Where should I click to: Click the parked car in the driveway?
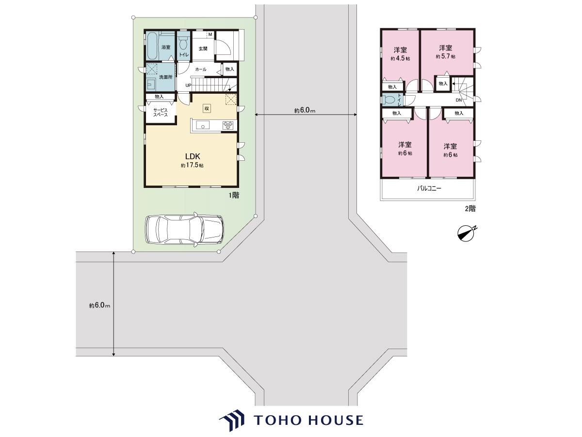(x=184, y=229)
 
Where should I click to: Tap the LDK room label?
(x=193, y=156)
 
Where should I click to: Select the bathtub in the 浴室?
(x=152, y=46)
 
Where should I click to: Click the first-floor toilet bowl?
(x=183, y=44)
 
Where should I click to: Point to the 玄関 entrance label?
(x=203, y=49)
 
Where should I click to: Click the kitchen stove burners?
(x=228, y=125)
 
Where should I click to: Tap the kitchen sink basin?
(x=203, y=125)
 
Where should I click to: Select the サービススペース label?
(x=161, y=113)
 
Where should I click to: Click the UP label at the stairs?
(x=188, y=85)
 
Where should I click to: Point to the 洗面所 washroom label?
(x=166, y=77)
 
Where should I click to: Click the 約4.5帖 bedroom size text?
(x=400, y=59)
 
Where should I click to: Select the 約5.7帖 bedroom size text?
(x=445, y=56)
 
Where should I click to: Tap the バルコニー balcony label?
(x=429, y=189)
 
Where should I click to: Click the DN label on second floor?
(x=459, y=100)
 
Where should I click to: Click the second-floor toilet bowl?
(x=388, y=100)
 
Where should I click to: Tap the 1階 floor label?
(x=234, y=196)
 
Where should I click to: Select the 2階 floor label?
(x=470, y=209)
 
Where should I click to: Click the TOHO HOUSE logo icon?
(x=232, y=420)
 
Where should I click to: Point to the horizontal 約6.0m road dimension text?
(x=305, y=110)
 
